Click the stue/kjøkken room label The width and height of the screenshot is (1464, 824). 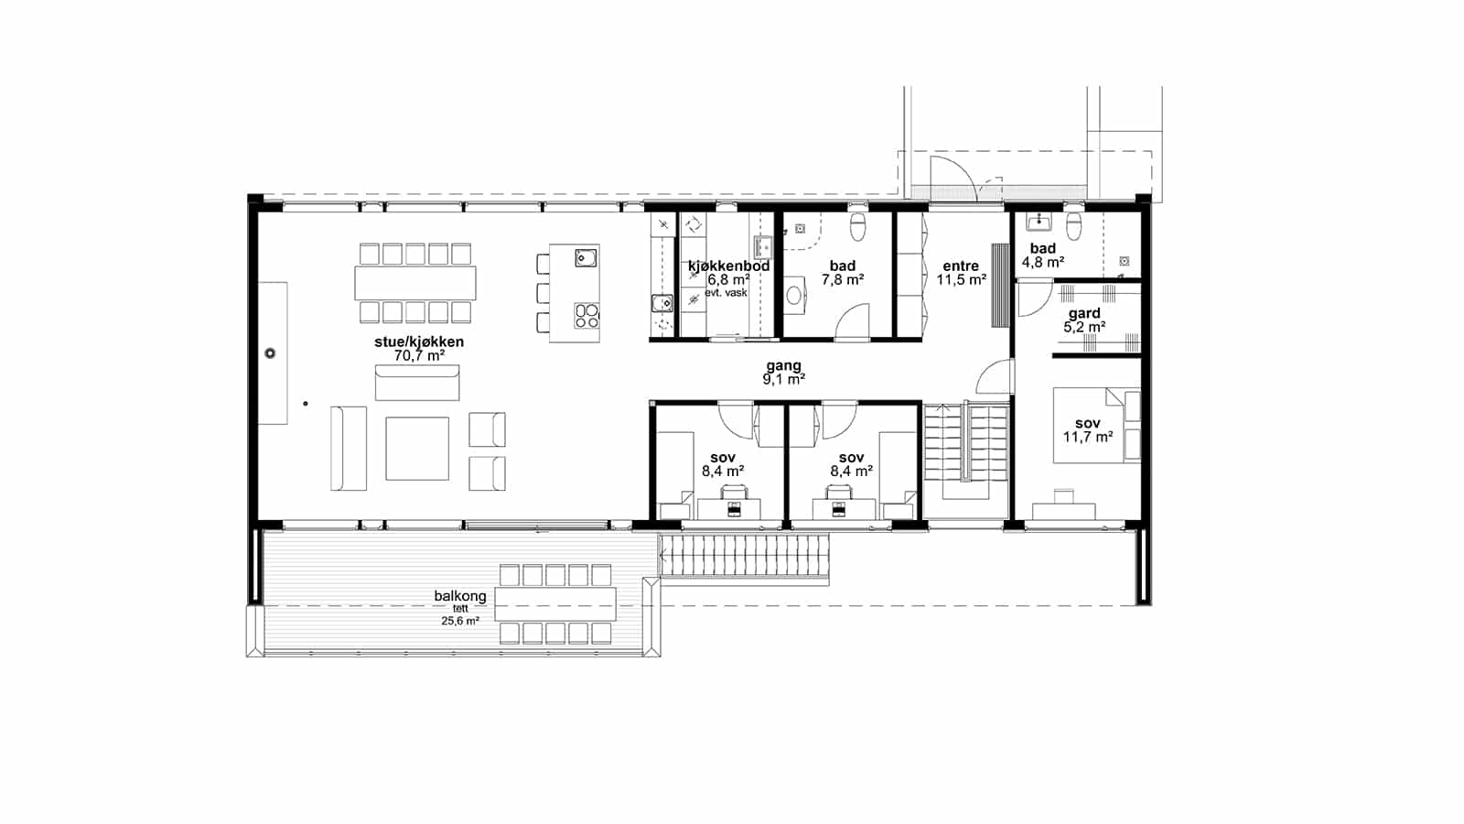click(419, 342)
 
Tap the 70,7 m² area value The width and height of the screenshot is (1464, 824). click(420, 356)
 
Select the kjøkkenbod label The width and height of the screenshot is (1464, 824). click(728, 266)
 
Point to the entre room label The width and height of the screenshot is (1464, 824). click(961, 266)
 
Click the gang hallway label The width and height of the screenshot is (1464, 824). click(783, 365)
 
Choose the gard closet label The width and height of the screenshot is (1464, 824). click(1084, 313)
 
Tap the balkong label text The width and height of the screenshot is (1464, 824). click(460, 596)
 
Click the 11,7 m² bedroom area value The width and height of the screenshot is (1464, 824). click(1088, 437)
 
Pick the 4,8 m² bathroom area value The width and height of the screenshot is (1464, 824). click(1043, 262)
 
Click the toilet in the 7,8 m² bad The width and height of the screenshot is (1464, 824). click(858, 225)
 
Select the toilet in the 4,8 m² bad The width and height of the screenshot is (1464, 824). click(1074, 225)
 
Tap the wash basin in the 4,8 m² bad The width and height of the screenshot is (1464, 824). click(1039, 222)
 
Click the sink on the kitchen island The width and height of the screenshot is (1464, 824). click(586, 258)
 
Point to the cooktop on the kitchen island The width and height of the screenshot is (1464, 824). click(587, 316)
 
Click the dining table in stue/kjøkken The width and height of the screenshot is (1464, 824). click(415, 283)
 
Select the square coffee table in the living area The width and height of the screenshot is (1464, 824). click(417, 449)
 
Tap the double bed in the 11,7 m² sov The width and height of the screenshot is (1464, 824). click(1097, 425)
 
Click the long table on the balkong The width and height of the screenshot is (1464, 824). click(555, 603)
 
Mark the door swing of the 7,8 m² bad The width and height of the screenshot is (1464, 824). click(852, 321)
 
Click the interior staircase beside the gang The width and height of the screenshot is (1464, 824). click(966, 451)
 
